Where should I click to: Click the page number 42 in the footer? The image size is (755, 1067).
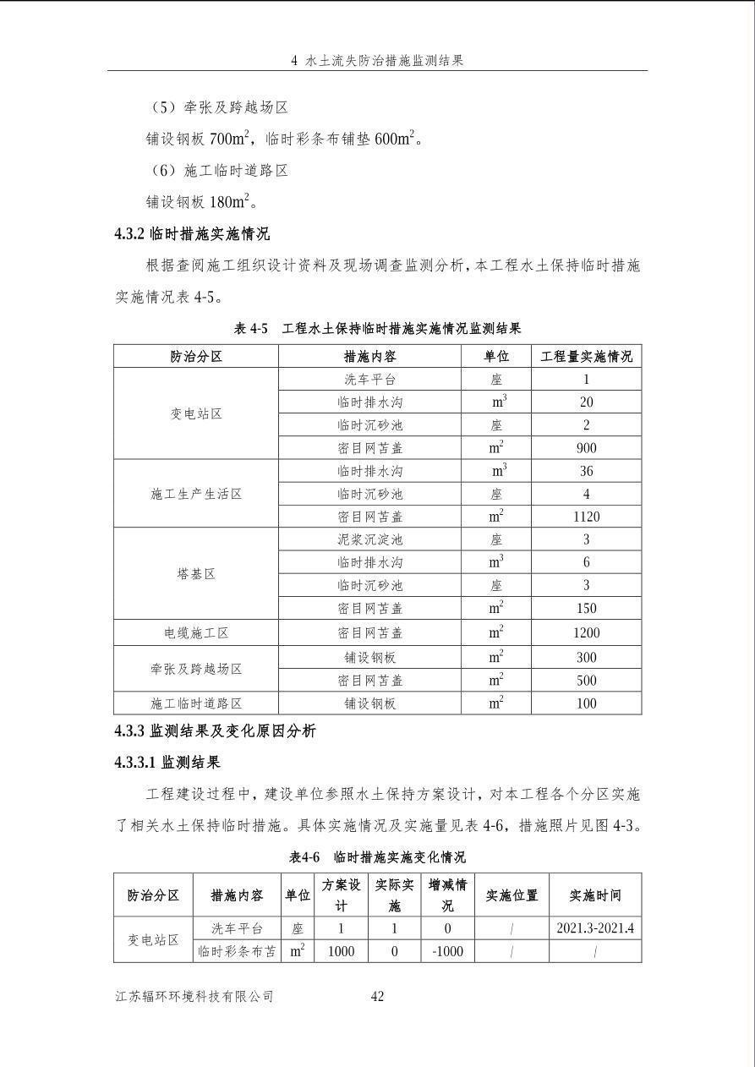pos(377,997)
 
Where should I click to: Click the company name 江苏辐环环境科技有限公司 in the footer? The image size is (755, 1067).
pos(194,997)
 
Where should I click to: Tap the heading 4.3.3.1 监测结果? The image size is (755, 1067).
pos(167,763)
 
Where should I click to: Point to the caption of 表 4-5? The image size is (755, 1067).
pos(377,328)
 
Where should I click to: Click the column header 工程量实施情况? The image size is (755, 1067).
pos(586,356)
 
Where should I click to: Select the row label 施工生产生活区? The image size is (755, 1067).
pos(196,494)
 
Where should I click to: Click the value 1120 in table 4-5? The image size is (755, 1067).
pos(586,517)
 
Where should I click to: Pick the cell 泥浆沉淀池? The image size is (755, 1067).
pos(369,539)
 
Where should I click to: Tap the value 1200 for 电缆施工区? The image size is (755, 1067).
pos(586,632)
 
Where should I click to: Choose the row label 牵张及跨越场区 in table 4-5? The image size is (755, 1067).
pos(196,669)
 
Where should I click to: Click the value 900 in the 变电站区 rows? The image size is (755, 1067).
pos(586,448)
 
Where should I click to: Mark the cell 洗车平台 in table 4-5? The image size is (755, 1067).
pos(369,380)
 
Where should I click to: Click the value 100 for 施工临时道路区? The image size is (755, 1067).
pos(586,703)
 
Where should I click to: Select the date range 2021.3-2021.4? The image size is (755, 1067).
pos(595,927)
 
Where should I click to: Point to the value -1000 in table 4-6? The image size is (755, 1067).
pos(447,951)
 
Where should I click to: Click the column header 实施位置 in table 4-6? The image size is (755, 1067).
pos(512,895)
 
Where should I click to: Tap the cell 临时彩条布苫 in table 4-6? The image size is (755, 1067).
pos(238,951)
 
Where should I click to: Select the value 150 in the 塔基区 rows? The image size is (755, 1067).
pos(586,608)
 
